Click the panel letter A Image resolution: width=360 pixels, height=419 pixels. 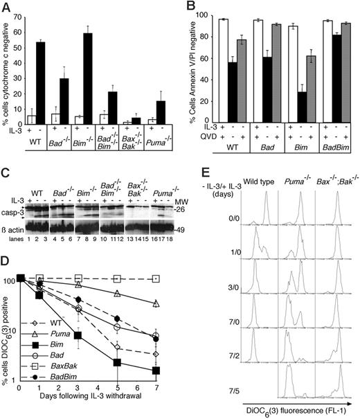click(x=6, y=7)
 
